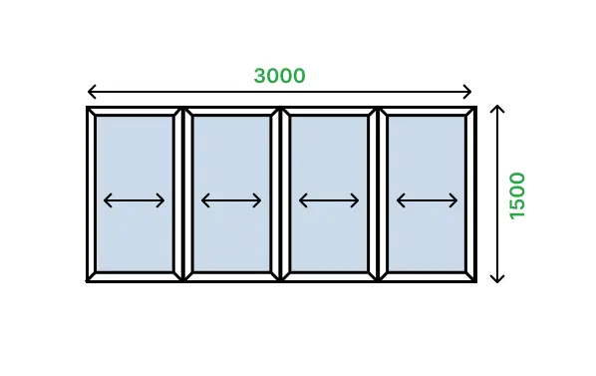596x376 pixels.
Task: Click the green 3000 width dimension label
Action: [279, 76]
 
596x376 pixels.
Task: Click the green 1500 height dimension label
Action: [517, 195]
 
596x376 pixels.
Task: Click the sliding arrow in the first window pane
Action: [135, 200]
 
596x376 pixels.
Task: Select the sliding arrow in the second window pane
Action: [231, 200]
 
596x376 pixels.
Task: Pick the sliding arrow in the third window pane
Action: [329, 200]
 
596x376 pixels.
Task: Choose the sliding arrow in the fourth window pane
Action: [427, 200]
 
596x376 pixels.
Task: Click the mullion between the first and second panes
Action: [183, 194]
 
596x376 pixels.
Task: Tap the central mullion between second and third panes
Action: [280, 194]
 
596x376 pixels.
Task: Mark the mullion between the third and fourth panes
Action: [378, 194]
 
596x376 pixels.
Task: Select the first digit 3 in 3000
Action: [260, 76]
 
